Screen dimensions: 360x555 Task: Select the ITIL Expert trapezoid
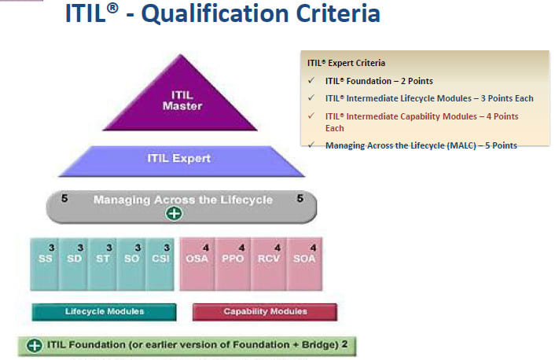click(180, 160)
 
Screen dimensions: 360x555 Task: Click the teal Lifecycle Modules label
click(105, 312)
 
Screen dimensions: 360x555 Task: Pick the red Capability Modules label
click(265, 312)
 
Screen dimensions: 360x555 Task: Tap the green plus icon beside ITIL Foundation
click(35, 345)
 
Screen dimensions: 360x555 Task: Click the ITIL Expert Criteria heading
click(346, 63)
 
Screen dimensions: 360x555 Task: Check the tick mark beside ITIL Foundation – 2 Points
click(312, 81)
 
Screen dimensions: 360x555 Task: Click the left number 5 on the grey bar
click(64, 200)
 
